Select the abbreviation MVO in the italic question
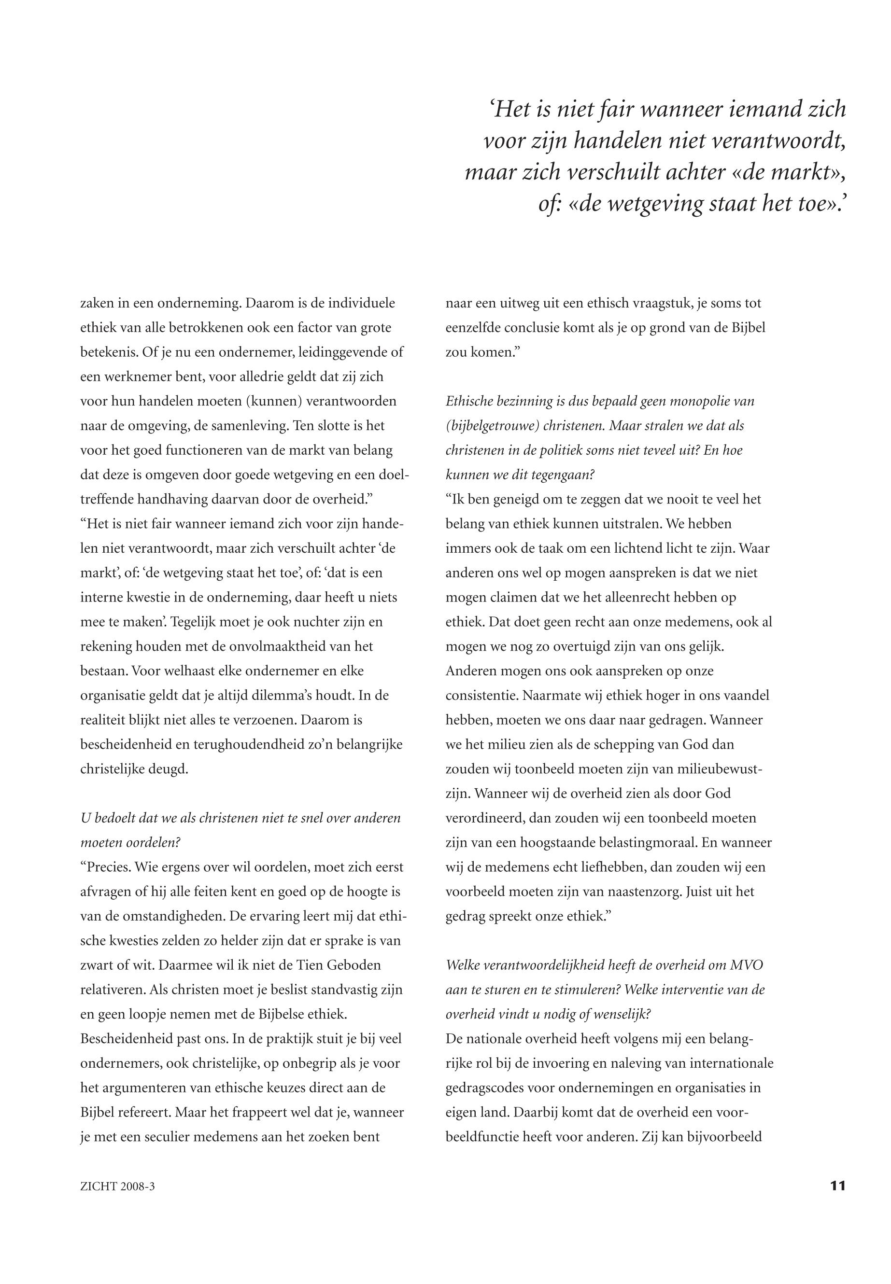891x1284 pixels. coord(745,966)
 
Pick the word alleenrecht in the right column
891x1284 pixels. coord(647,598)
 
